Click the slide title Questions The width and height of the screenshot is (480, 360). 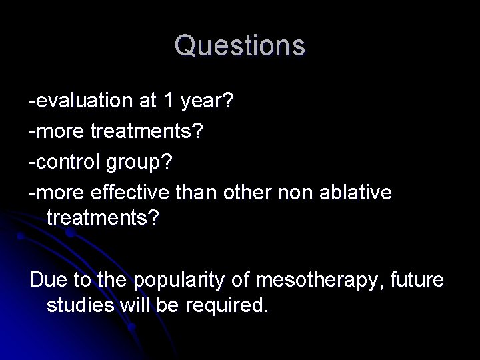click(240, 45)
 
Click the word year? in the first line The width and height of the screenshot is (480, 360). click(209, 102)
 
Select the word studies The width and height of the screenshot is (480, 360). click(79, 306)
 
